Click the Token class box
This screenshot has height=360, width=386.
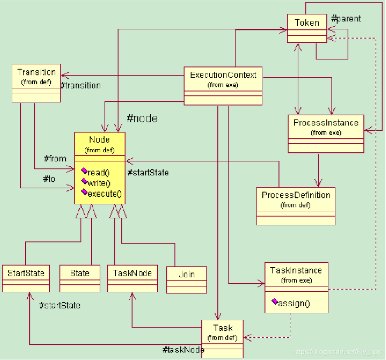point(307,28)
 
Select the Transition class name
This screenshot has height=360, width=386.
point(36,72)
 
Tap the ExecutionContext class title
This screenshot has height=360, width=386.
point(223,75)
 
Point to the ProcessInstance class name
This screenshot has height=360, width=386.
point(326,123)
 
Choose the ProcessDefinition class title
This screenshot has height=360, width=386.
point(296,195)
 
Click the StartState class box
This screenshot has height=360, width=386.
point(26,279)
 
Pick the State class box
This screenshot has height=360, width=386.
point(80,279)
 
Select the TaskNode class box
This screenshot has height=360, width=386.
point(132,279)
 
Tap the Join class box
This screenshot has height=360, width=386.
point(186,280)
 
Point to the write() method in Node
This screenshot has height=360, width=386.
point(96,183)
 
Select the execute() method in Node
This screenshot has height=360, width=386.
point(101,193)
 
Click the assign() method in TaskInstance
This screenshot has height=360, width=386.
point(291,303)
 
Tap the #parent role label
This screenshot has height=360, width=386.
point(346,19)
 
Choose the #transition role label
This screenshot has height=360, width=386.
point(80,85)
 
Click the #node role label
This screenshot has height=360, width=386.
point(142,119)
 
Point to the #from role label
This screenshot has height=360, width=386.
point(55,158)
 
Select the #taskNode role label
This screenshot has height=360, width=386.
point(184,350)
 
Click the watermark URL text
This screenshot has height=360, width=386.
point(337,352)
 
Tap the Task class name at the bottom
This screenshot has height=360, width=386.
point(223,328)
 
